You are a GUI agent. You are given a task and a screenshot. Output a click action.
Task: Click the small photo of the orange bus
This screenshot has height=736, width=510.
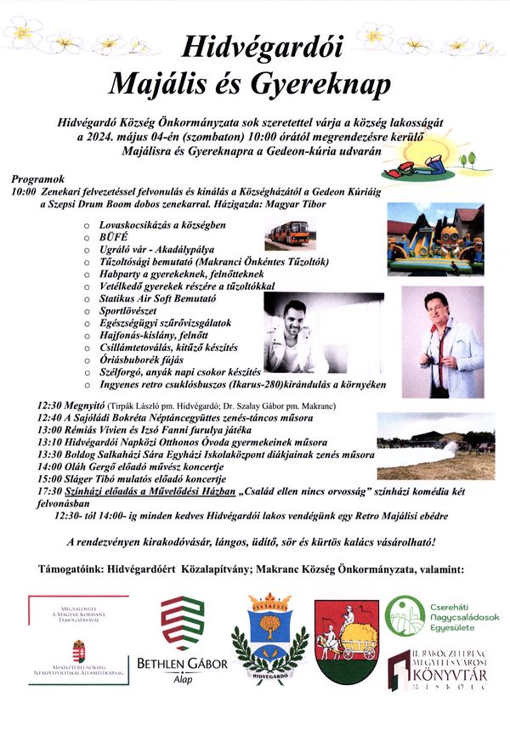(x=287, y=233)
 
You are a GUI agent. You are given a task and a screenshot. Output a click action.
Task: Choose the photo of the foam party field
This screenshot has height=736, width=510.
(x=423, y=446)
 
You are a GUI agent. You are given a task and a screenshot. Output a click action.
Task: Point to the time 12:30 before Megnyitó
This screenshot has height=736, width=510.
(x=53, y=406)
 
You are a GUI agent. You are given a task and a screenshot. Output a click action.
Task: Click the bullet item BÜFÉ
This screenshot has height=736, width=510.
(x=113, y=240)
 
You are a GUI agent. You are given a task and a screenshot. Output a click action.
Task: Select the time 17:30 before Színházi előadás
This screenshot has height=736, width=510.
(x=53, y=490)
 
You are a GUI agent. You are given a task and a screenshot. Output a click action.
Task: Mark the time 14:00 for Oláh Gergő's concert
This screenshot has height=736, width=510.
(x=53, y=467)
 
